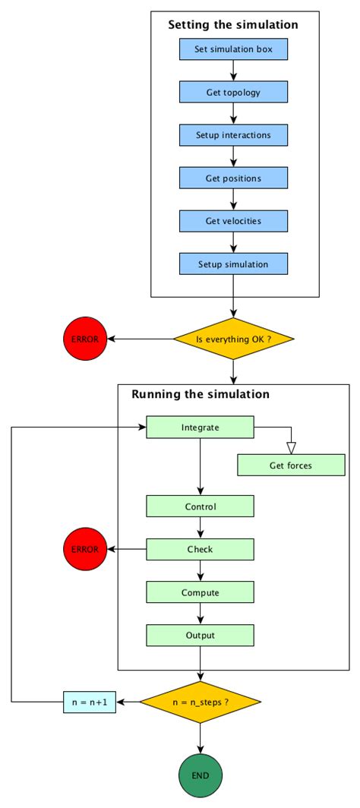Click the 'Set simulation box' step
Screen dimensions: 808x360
(233, 50)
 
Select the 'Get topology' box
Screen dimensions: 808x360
(233, 93)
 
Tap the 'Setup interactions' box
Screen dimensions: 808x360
(233, 135)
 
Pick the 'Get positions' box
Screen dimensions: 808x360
(233, 178)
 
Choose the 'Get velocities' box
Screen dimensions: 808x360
(233, 220)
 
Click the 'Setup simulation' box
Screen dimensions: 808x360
(233, 264)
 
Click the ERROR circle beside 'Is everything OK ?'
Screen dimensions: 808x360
(84, 338)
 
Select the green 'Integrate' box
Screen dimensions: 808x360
(200, 427)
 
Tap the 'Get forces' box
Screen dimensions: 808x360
(291, 465)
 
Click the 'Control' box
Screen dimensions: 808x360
(200, 507)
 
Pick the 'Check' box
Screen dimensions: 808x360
(200, 549)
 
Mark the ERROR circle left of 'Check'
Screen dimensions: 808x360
(84, 549)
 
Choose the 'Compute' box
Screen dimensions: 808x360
(200, 592)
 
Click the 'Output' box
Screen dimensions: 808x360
(200, 635)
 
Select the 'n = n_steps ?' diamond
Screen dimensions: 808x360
(200, 702)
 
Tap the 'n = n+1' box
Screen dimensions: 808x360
(89, 702)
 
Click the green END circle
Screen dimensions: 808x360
(200, 776)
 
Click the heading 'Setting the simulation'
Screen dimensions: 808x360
(232, 25)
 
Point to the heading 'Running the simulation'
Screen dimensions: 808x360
(200, 394)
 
